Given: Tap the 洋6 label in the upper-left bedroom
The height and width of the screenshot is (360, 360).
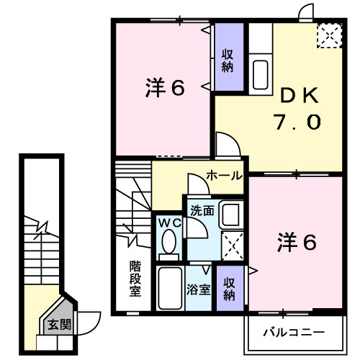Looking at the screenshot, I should [166, 89].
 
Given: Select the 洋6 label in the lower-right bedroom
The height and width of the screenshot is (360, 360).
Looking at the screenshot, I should [297, 243].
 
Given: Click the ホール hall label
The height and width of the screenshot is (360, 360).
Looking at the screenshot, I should [223, 176].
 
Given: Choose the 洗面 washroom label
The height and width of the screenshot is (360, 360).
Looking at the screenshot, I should [201, 211].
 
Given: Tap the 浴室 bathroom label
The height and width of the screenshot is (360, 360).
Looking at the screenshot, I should [198, 289].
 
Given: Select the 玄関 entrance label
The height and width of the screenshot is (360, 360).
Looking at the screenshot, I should [60, 324].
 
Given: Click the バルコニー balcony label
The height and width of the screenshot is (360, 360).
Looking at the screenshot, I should [293, 333].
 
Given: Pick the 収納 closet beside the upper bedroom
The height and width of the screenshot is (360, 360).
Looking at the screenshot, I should [227, 60].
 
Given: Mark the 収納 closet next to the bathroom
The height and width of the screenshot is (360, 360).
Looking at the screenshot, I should [229, 289].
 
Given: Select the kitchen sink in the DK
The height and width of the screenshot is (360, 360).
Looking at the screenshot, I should [260, 73].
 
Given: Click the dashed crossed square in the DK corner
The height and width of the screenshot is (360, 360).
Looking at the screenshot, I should [330, 35].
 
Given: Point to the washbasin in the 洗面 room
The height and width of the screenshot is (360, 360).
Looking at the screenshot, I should [230, 215].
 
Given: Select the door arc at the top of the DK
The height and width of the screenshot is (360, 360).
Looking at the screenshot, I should [307, 12].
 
